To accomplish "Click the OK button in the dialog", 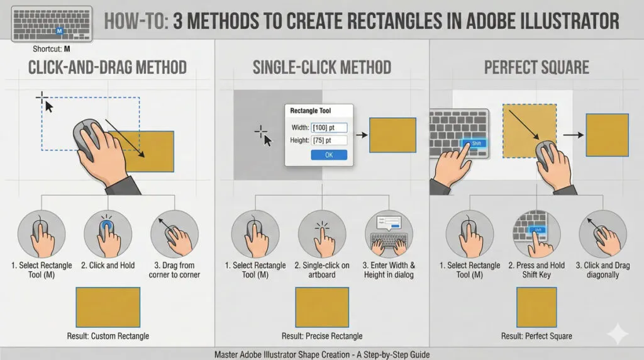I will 329,155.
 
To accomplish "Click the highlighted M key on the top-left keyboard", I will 59,30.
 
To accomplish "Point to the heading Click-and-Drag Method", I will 107,67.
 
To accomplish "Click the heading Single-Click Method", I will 322,67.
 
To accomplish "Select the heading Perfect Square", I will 536,67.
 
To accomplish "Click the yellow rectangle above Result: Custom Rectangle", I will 108,307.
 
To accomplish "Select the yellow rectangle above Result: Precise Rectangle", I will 322,307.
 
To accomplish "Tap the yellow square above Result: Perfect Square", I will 536,307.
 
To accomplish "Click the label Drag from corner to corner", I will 174,270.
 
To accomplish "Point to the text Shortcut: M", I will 50,48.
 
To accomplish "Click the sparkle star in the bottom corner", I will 618,334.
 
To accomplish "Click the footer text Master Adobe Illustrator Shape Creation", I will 322,354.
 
